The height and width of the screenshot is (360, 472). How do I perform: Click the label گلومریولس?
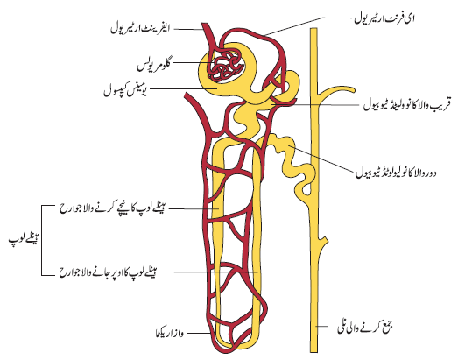click(154, 66)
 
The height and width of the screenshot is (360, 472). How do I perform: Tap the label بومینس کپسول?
click(125, 89)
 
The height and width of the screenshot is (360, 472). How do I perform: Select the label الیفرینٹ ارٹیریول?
click(140, 28)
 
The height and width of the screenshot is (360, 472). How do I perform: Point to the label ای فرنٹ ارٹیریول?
click(384, 18)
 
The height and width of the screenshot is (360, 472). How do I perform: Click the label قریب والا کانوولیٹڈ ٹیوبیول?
click(406, 105)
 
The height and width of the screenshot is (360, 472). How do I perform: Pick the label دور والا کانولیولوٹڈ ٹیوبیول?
click(396, 173)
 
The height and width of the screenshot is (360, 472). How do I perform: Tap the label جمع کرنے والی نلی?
click(365, 327)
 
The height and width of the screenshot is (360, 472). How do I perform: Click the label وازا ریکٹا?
click(168, 333)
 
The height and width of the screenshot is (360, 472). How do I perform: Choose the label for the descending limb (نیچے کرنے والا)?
click(112, 208)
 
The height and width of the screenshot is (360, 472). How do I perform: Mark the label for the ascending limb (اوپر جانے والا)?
click(108, 272)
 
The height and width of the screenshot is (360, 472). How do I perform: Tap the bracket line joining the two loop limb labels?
click(41, 240)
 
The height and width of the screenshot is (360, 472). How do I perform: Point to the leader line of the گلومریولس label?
click(193, 62)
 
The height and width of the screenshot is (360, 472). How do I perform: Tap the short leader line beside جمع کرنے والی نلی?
click(321, 326)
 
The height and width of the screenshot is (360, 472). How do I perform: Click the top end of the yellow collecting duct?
click(314, 29)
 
